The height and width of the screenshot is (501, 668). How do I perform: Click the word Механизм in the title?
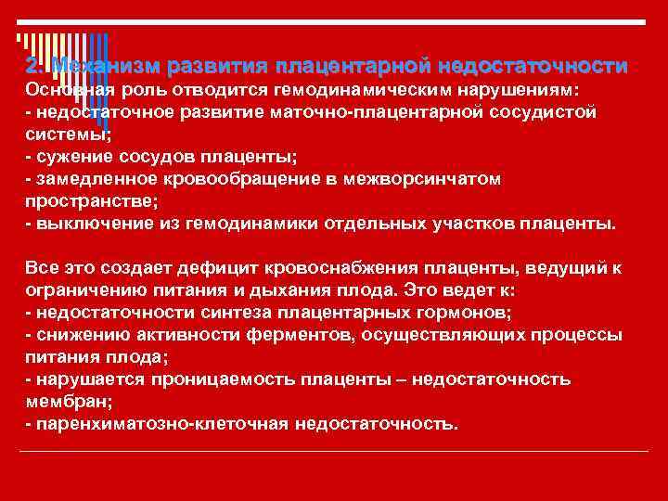point(107,67)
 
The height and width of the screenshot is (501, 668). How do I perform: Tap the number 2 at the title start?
point(33,67)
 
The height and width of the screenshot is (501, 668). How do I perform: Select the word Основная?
point(66,90)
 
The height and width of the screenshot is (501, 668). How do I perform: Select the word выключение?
point(84,224)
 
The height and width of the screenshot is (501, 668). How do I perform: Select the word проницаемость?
point(207,379)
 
